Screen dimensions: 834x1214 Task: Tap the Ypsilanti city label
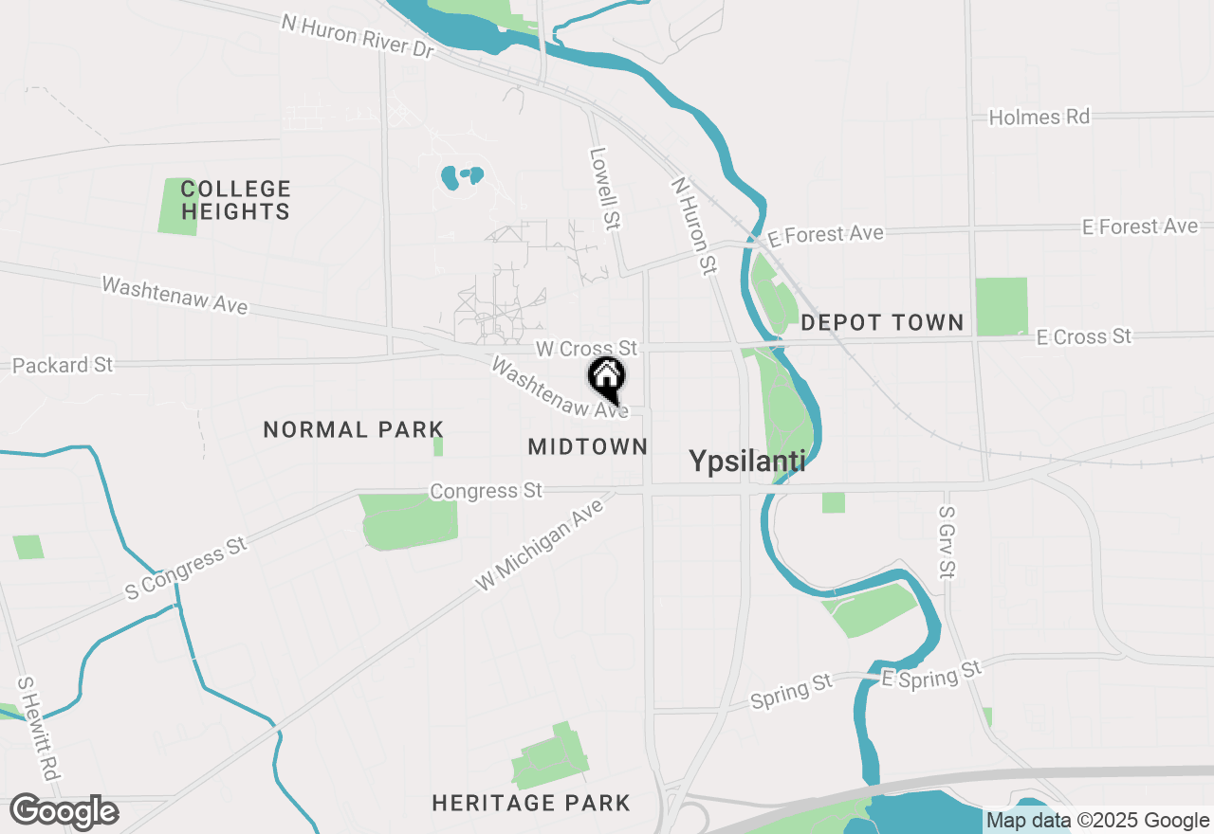[x=746, y=462]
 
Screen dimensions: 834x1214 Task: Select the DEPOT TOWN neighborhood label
[x=882, y=322]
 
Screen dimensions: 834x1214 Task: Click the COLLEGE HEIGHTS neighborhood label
[x=236, y=200]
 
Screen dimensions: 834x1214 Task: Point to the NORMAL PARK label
[x=354, y=429]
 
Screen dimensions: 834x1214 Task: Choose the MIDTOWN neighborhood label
[x=588, y=446]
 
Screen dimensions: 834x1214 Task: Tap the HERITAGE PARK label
[x=531, y=804]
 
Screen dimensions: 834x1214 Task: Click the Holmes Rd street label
[x=1039, y=118]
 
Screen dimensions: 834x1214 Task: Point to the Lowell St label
[x=604, y=188]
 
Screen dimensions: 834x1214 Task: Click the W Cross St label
[x=586, y=350]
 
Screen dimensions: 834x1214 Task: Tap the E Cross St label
[x=1083, y=336]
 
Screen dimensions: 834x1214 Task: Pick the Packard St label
[x=63, y=365]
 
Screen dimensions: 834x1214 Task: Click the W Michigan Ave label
[x=540, y=547]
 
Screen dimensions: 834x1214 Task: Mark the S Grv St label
[x=947, y=542]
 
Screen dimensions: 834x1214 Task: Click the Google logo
[x=64, y=812]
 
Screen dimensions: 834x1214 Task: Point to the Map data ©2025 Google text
[x=1097, y=821]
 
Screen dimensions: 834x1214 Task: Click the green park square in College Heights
[x=178, y=206]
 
